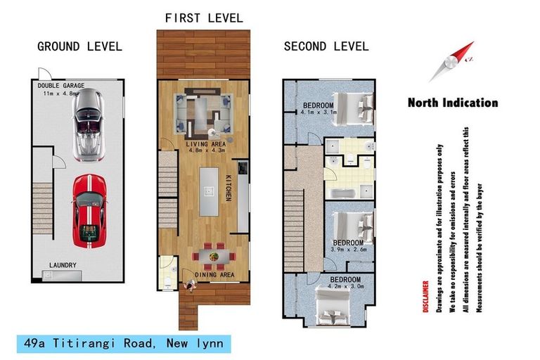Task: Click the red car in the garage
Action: [89, 211]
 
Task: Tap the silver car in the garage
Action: [89, 124]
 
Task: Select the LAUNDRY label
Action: [63, 265]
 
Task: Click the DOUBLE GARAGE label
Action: [61, 86]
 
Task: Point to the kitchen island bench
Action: [209, 191]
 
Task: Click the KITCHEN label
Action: [229, 188]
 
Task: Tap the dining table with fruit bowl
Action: [214, 257]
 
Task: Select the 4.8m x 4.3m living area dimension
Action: [207, 150]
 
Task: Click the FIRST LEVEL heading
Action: [204, 18]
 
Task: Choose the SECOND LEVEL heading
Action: [326, 46]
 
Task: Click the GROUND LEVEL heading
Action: [79, 46]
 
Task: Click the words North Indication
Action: [453, 103]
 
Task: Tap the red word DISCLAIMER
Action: [425, 297]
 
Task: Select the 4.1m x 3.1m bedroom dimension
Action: [319, 112]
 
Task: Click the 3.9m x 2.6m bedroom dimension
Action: [349, 250]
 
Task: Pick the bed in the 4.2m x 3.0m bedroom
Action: [333, 307]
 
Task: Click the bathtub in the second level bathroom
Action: [342, 193]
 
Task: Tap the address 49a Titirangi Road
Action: [88, 343]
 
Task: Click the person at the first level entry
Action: [190, 285]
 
